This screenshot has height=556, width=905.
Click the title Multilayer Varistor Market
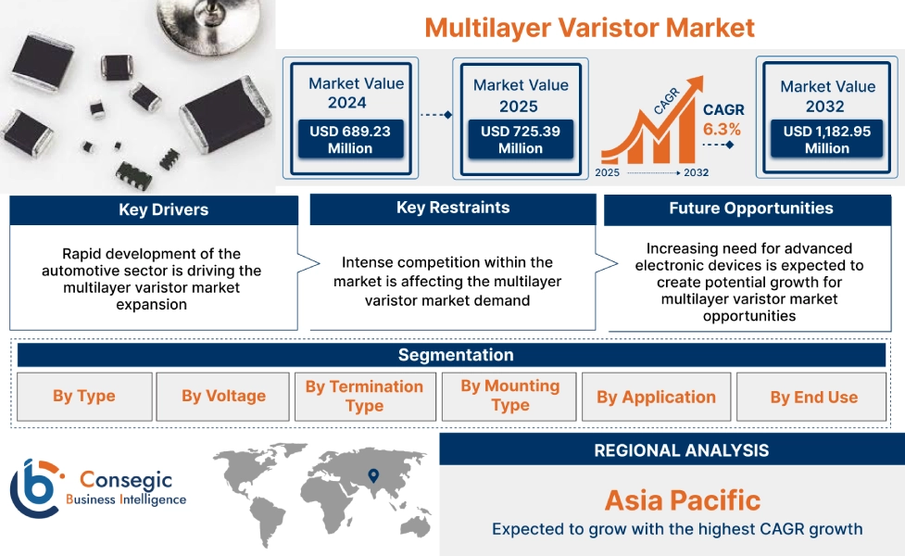(x=589, y=27)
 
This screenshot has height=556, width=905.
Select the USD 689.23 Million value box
(x=350, y=140)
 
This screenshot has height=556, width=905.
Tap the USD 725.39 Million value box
(x=521, y=140)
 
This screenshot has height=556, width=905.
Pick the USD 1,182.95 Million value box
(x=826, y=140)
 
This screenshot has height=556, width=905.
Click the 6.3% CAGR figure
(x=722, y=130)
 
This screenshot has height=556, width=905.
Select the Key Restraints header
(x=452, y=208)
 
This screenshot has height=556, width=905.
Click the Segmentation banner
(x=455, y=355)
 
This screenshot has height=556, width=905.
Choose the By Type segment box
(x=84, y=397)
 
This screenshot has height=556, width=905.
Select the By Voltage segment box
(x=223, y=397)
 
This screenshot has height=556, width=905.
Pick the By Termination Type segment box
(x=364, y=397)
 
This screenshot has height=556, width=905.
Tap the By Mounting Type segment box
(x=509, y=396)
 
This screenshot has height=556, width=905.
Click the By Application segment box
(x=656, y=398)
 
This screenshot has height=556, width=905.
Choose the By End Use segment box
(x=813, y=398)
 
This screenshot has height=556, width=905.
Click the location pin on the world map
(x=373, y=476)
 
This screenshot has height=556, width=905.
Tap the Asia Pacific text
(x=682, y=501)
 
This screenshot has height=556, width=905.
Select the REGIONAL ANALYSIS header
(x=681, y=450)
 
